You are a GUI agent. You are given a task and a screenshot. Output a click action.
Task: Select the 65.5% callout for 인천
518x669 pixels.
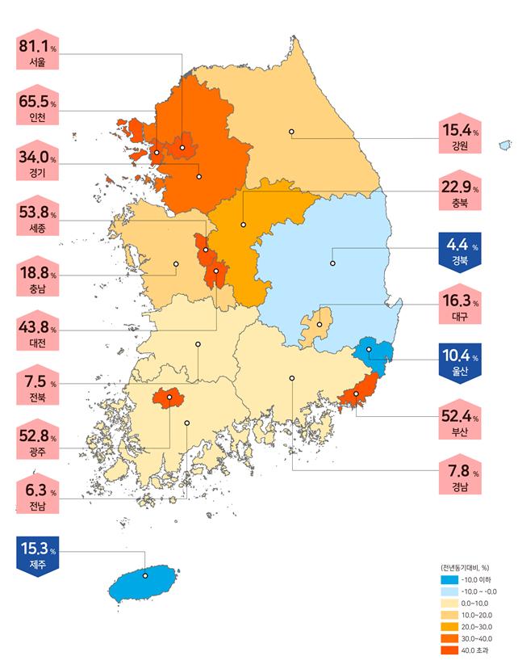pyautogui.click(x=37, y=110)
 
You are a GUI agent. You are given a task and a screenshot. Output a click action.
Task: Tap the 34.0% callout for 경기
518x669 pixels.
pyautogui.click(x=37, y=164)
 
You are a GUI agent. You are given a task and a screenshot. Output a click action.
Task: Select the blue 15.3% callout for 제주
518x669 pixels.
pyautogui.click(x=37, y=555)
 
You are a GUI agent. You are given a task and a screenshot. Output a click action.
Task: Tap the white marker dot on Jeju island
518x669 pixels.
pyautogui.click(x=145, y=576)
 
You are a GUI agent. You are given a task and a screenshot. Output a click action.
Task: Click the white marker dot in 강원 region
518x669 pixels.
pyautogui.click(x=291, y=131)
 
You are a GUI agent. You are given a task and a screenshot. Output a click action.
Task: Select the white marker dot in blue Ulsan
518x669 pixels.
pyautogui.click(x=369, y=350)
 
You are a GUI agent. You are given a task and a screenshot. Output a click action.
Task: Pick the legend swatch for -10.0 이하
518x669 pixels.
pyautogui.click(x=447, y=580)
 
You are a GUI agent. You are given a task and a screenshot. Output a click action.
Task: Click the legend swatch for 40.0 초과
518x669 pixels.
pyautogui.click(x=447, y=650)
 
